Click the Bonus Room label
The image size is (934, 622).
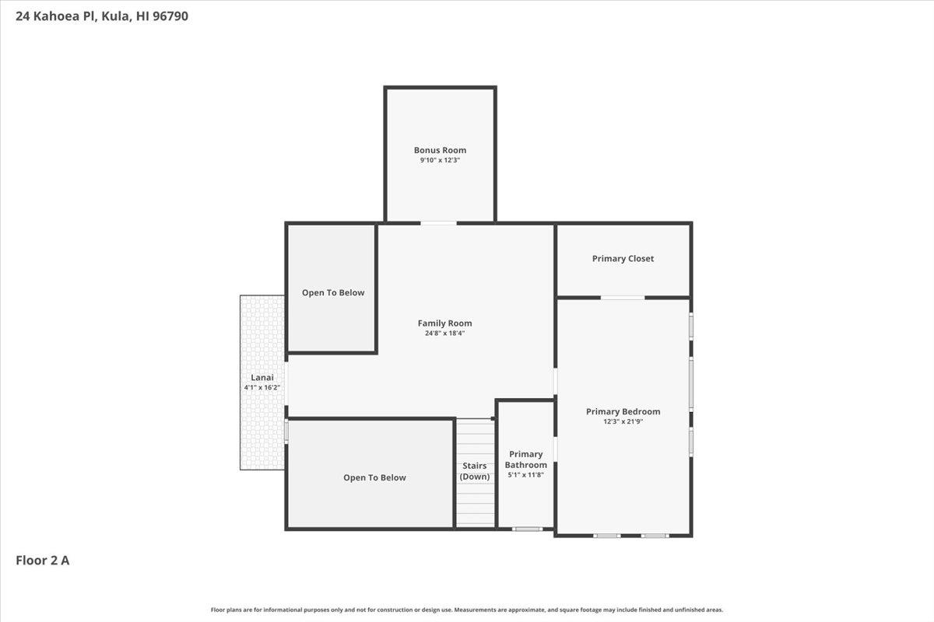[x=440, y=150]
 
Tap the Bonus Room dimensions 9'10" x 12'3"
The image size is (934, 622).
[x=440, y=160]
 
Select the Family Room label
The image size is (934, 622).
[x=445, y=323]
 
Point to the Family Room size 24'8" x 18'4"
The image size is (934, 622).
[x=445, y=334]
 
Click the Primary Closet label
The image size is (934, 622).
[x=623, y=259]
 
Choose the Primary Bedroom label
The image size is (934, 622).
[x=623, y=411]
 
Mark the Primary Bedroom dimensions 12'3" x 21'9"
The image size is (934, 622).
[x=623, y=421]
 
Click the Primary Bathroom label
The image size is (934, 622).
[x=526, y=460]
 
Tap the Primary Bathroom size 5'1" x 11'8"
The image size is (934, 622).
[x=526, y=475]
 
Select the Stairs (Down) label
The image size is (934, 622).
[x=475, y=471]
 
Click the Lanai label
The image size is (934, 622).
[x=262, y=377]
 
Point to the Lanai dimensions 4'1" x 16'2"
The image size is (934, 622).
[x=262, y=387]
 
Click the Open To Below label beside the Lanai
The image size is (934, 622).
[x=333, y=293]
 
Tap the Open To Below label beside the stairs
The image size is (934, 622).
[x=374, y=478]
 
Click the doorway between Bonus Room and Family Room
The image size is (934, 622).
[x=438, y=224]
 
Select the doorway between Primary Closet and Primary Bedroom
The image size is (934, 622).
[x=623, y=298]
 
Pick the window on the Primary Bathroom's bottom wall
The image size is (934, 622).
[x=528, y=529]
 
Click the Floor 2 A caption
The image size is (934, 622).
[x=43, y=561]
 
